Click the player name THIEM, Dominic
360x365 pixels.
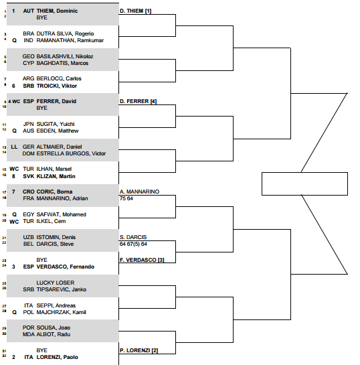[x=57, y=11]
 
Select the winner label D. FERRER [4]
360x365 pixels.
[x=138, y=101]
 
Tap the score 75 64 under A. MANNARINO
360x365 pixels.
[x=126, y=198]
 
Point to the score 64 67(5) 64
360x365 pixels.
[x=133, y=244]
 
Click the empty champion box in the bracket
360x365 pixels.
[x=304, y=184]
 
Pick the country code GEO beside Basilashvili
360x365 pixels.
[x=28, y=56]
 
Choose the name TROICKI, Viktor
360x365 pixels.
[x=57, y=86]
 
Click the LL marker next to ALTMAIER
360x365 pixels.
[x=14, y=147]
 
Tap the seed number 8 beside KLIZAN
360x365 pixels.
[x=13, y=176]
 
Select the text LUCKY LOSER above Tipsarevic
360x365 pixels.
[x=56, y=283]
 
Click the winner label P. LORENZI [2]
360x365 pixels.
[x=139, y=350]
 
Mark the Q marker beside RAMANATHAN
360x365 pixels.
[x=15, y=40]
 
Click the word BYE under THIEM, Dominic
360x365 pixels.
[x=42, y=17]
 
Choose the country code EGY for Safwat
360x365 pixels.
[x=29, y=214]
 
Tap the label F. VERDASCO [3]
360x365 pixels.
[x=142, y=260]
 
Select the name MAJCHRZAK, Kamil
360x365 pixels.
[x=61, y=312]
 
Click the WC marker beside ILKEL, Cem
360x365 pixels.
[x=14, y=222]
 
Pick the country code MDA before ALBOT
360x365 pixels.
[x=28, y=334]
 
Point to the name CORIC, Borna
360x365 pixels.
[x=54, y=192]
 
